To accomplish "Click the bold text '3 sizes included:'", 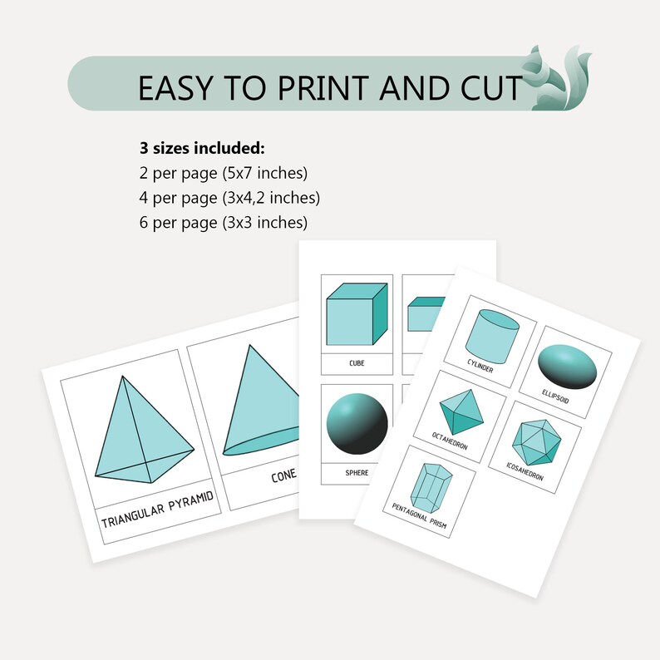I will click(202, 150).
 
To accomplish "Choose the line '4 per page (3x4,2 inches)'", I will click(230, 198).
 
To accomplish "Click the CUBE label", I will click(356, 363).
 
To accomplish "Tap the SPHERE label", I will click(357, 473).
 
